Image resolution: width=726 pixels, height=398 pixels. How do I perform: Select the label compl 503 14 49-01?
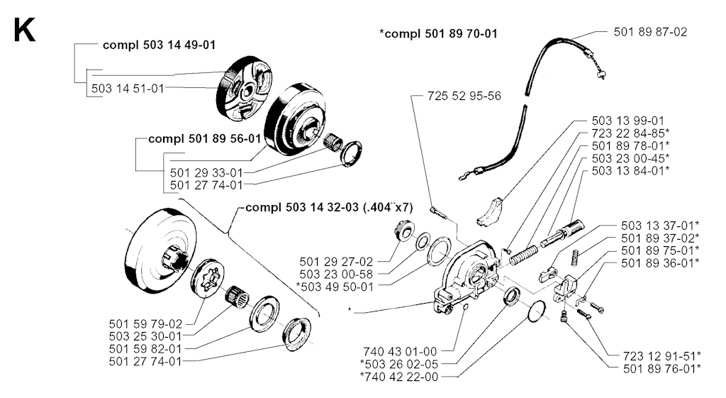tap(159, 45)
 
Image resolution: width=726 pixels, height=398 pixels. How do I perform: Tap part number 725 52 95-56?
tap(464, 96)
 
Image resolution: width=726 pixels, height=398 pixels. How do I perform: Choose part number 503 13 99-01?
tap(627, 121)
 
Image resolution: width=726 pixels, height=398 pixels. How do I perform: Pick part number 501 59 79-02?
tap(145, 323)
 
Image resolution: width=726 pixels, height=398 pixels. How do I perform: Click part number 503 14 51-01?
tap(128, 88)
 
